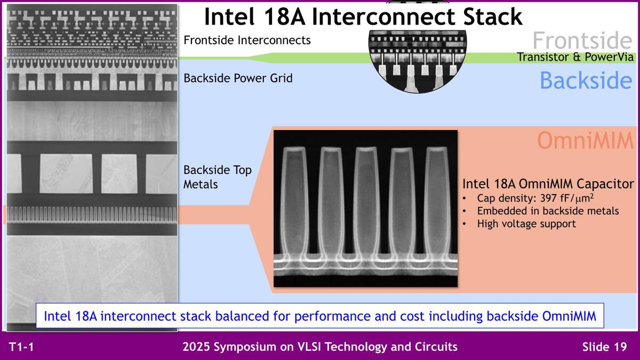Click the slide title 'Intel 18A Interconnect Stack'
pos(363,17)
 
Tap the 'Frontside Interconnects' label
pos(247,40)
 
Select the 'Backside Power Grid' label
pos(238,78)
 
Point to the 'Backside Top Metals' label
pos(218,177)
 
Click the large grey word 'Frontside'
pos(582,41)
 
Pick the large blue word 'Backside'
pos(586,81)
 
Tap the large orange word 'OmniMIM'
pos(584,140)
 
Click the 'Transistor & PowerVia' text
pos(575,57)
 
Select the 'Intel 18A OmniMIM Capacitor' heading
pos(548,184)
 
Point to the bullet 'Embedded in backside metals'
pos(548,211)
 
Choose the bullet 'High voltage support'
pos(526,223)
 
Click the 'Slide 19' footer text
pos(604,347)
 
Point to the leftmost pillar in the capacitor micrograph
pos(294,203)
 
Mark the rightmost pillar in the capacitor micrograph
pos(438,203)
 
